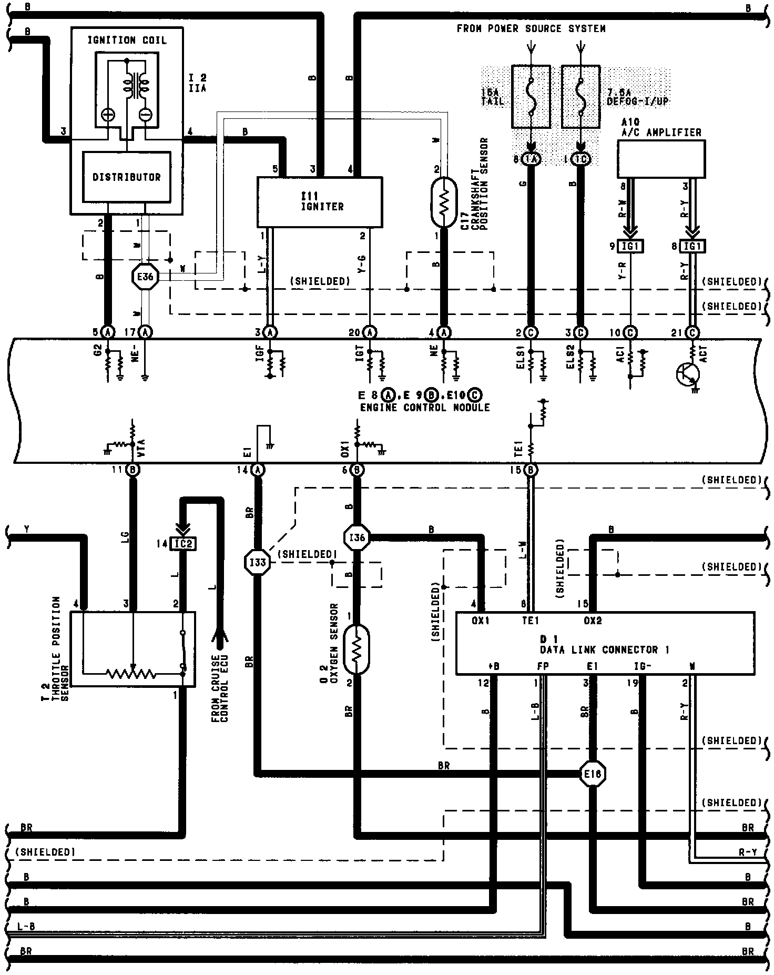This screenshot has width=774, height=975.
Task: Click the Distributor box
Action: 126,177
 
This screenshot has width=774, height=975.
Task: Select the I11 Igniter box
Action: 319,201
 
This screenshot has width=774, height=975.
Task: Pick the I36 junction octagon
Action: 357,537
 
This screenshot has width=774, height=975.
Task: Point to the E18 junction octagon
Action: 593,774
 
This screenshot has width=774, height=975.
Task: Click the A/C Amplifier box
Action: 661,158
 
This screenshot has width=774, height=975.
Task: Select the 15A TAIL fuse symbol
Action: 531,96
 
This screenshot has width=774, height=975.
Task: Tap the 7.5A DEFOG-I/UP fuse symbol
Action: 580,96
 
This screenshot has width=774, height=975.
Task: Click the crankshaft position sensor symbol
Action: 444,202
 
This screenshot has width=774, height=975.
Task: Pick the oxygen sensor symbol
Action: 357,649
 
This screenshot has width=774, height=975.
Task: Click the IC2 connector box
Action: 183,543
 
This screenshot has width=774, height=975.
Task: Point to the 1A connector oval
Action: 531,159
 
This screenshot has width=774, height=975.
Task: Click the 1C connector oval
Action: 580,159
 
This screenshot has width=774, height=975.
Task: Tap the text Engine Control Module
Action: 424,408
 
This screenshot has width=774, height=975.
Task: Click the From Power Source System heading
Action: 531,28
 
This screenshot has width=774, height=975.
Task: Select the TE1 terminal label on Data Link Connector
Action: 530,621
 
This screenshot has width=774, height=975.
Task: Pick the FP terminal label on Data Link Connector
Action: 543,666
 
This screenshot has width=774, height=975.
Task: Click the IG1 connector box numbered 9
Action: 630,246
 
